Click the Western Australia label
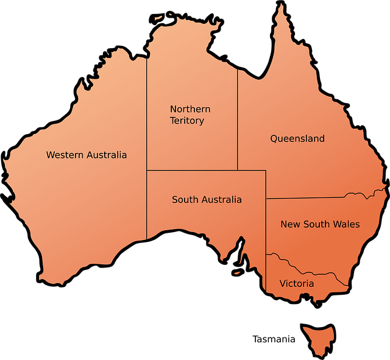point(87,155)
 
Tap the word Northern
point(190,109)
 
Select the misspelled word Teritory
point(187,121)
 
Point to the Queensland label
point(297,138)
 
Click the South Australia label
point(207,199)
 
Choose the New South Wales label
point(320,224)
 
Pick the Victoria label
point(297,283)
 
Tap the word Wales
point(346,224)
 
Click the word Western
point(65,155)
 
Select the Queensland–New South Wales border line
point(305,197)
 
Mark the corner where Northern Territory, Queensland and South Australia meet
point(238,170)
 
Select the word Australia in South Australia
point(221,199)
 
